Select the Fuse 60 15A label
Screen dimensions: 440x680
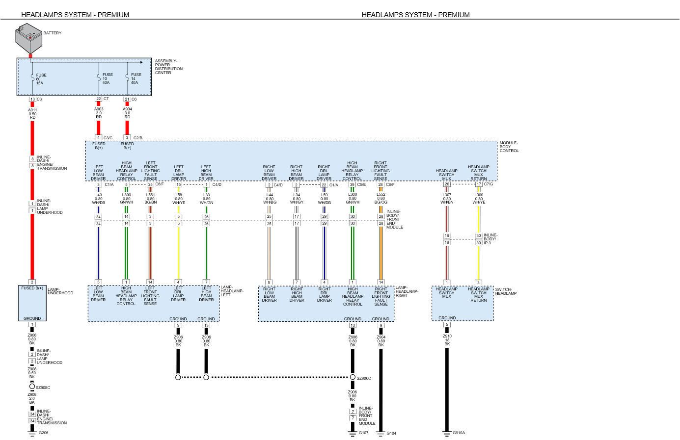coord(41,79)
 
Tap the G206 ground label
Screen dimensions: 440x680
coord(44,433)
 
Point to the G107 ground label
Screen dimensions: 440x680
coord(363,433)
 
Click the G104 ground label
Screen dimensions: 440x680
coord(391,433)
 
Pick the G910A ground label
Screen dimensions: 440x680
coord(459,433)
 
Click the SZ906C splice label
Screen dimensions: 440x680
coord(364,378)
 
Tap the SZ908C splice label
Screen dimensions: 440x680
coord(43,388)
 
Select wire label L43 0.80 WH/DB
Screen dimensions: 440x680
coord(99,199)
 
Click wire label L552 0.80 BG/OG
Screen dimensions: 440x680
coord(381,198)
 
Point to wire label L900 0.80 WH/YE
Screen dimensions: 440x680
coord(479,199)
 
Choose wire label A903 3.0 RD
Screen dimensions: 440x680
coord(99,113)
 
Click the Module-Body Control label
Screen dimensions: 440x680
coord(509,147)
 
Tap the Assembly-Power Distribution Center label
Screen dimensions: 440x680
coord(168,67)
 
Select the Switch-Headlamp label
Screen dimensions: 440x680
coord(506,291)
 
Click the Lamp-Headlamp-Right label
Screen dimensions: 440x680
coord(407,291)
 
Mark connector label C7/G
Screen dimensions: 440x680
coord(489,184)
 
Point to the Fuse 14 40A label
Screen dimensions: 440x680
coord(136,78)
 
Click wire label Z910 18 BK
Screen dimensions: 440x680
coord(447,340)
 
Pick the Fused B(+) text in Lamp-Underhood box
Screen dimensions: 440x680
coord(32,288)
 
